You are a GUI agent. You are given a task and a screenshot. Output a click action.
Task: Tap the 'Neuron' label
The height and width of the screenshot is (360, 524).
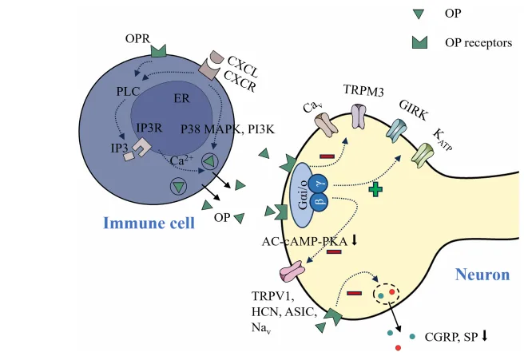pyautogui.click(x=482, y=275)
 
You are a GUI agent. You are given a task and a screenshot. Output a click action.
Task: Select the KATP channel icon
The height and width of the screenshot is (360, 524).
pyautogui.click(x=421, y=156)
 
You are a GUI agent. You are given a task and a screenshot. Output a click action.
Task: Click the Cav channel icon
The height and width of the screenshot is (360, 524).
pyautogui.click(x=325, y=124)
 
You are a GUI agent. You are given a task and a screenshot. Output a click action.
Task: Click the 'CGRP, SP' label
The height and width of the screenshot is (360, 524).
pyautogui.click(x=452, y=337)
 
